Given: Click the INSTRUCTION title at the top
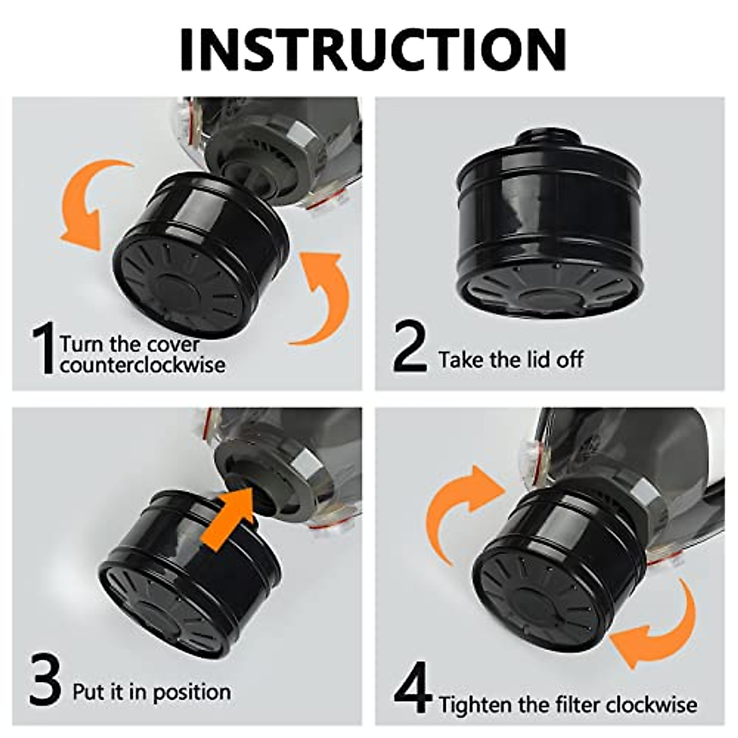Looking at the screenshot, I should pos(373,49).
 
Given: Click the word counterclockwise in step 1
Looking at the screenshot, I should pos(143,365).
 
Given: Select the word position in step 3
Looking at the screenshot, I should pos(191,692).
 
